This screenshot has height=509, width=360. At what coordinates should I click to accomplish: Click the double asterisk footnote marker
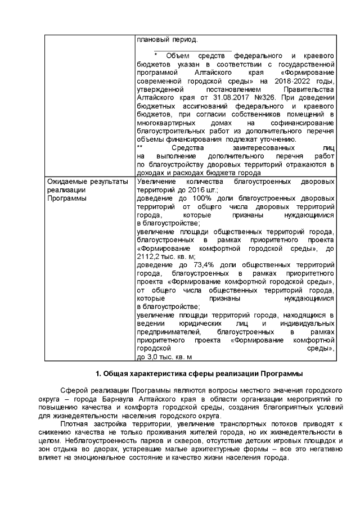(140, 147)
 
